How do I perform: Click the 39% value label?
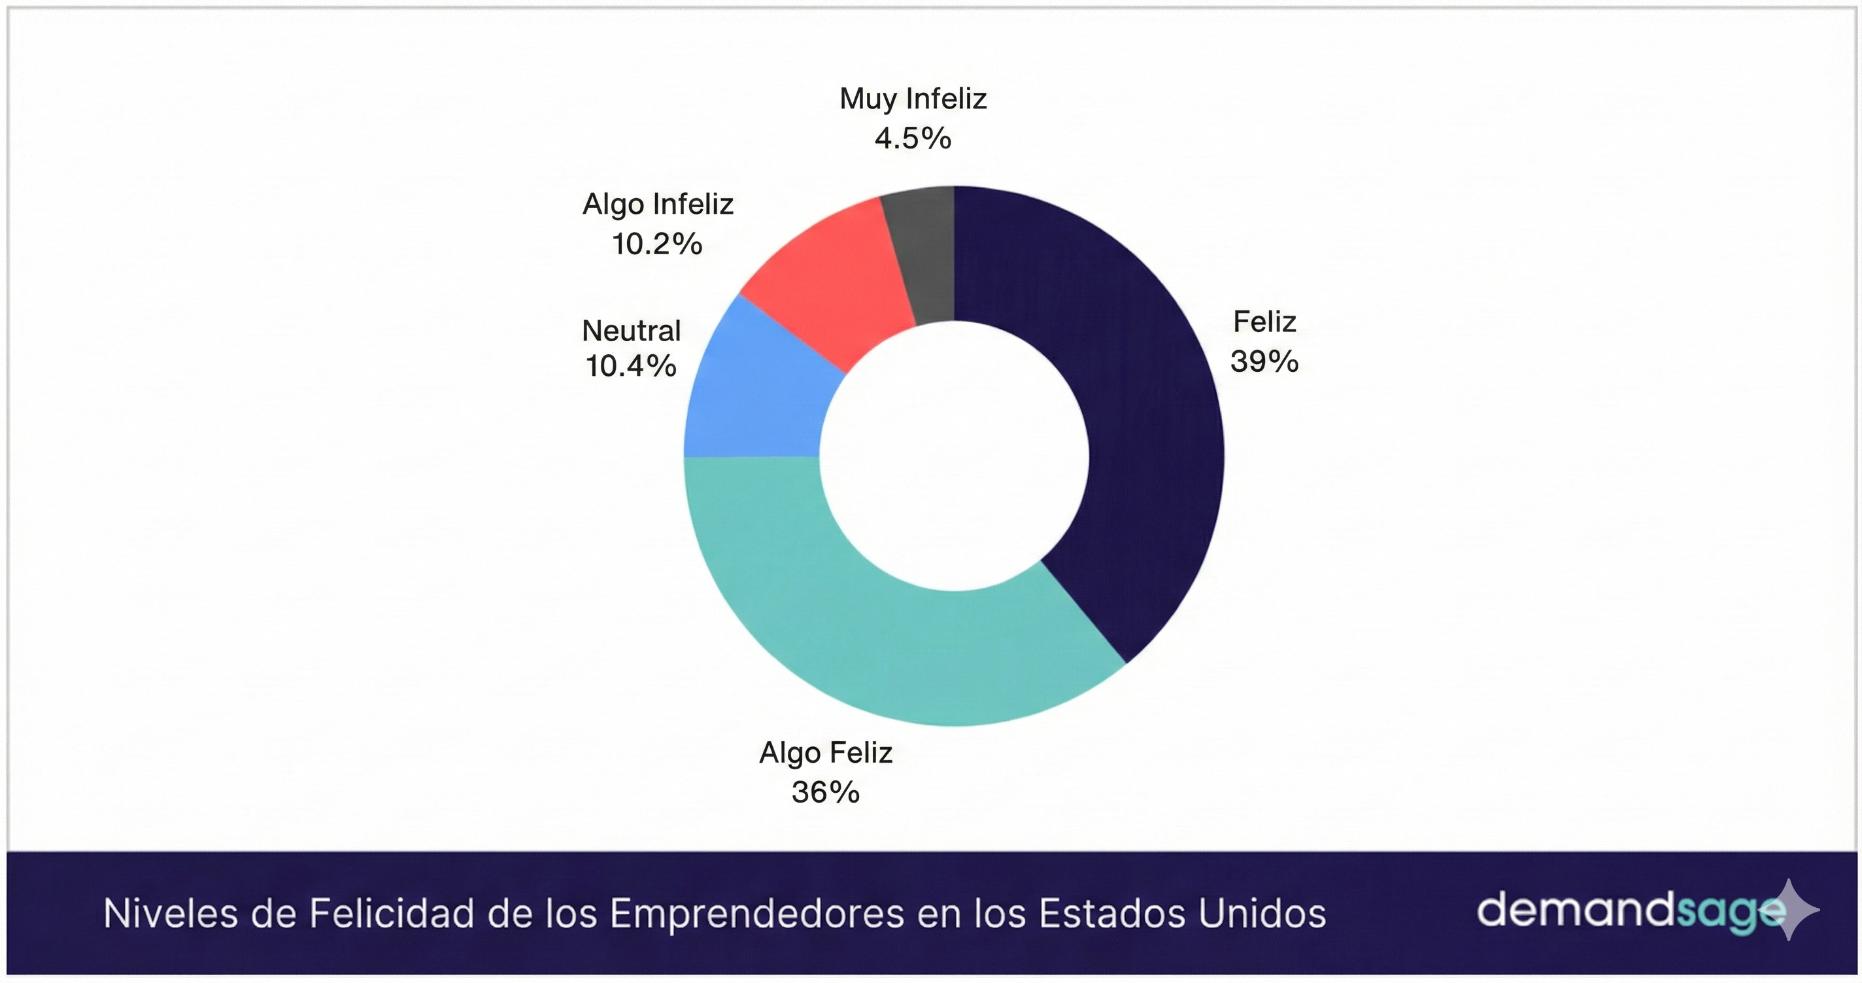[x=1264, y=361]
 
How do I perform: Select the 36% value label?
[x=826, y=792]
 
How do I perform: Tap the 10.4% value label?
[x=631, y=366]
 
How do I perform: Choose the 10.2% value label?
[x=657, y=244]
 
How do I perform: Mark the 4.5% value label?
[x=913, y=138]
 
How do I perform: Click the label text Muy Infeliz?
[x=913, y=98]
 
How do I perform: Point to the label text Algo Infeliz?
[x=658, y=204]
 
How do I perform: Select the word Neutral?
[x=631, y=331]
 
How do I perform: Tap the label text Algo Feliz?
[x=826, y=753]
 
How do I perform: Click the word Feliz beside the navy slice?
[x=1264, y=322]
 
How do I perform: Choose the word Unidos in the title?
[x=1262, y=914]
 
